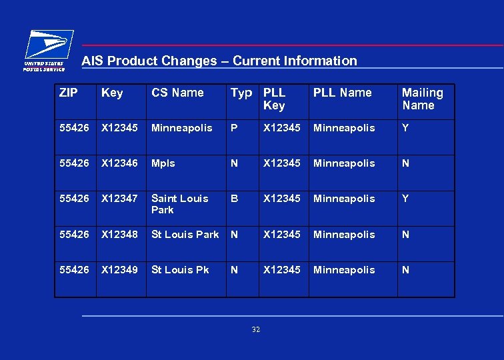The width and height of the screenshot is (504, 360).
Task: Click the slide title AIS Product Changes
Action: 219,61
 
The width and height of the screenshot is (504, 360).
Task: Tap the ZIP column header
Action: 68,93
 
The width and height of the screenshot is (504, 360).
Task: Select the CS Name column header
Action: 177,93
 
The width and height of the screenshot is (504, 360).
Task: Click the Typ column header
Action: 241,93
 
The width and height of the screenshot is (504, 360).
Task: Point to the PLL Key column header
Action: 274,99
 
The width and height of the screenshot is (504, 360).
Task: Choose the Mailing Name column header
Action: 422,99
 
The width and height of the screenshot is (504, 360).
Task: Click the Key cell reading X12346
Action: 121,163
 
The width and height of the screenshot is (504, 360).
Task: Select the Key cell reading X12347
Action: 121,199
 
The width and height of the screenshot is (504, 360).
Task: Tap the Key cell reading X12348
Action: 121,235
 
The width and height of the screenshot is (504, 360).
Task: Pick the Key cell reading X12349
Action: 121,270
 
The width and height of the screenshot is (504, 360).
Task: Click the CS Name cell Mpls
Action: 163,163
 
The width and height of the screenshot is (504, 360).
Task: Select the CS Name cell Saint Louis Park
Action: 179,204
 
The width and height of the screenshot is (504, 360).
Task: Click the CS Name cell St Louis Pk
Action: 180,270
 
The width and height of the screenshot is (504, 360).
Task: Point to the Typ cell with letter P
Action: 233,128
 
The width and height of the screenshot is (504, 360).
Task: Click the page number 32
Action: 256,330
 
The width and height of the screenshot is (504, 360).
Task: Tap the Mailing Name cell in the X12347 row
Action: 405,199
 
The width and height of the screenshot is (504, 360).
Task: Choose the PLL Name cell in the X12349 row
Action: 344,270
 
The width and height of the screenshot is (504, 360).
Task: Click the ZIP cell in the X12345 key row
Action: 73,128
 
